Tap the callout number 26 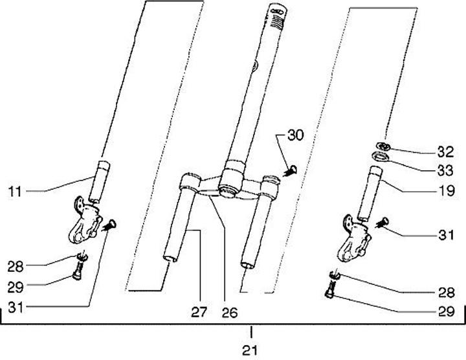229,312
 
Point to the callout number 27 199,312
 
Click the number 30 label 294,136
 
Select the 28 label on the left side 16,265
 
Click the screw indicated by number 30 291,172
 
